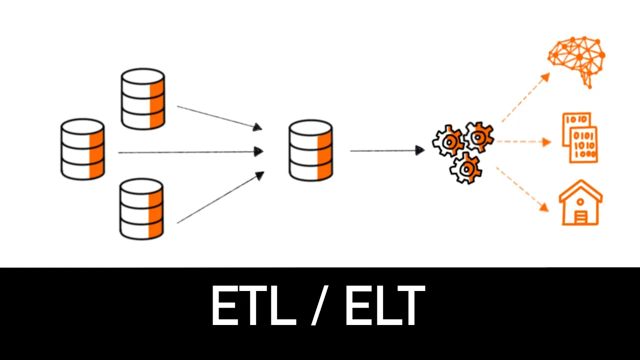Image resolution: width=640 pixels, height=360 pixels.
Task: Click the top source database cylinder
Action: point(143,99)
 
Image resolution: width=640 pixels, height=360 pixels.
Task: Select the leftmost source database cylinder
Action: point(82,149)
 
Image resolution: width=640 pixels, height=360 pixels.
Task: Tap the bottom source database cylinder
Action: point(142,209)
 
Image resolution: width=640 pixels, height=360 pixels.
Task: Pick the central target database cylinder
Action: point(310,149)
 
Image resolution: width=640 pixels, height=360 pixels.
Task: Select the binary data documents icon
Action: point(579,137)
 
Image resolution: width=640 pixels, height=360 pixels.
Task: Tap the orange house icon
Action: point(580,203)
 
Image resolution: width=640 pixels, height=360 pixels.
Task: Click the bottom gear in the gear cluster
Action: point(466,168)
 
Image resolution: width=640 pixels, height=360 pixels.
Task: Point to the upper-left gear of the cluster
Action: point(448,141)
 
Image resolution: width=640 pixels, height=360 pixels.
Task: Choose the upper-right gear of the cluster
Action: point(479,136)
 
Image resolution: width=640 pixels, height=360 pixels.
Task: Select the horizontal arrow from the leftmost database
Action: point(190,151)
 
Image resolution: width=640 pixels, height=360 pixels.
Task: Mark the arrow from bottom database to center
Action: point(220,197)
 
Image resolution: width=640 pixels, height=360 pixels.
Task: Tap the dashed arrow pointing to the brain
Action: point(525,98)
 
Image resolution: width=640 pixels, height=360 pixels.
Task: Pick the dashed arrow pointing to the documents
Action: point(523,141)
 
